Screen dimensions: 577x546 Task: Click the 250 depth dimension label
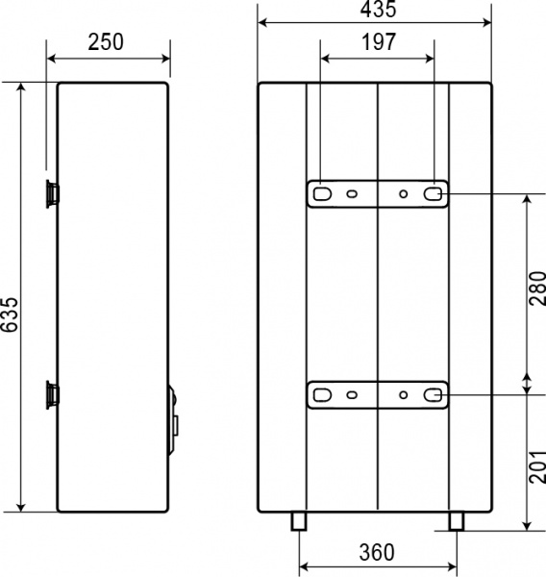(108, 43)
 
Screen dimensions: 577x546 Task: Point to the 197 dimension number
(378, 43)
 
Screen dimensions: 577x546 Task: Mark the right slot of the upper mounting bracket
(434, 193)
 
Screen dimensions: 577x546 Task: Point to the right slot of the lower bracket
(434, 394)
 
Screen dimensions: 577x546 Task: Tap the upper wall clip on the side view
(50, 193)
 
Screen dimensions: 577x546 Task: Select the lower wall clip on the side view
(50, 393)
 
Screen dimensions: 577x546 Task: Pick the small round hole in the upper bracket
(404, 194)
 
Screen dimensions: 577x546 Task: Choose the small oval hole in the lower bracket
(353, 394)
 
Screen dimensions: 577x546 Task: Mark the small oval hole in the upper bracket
(353, 194)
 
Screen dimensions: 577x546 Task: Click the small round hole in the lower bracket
(404, 394)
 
